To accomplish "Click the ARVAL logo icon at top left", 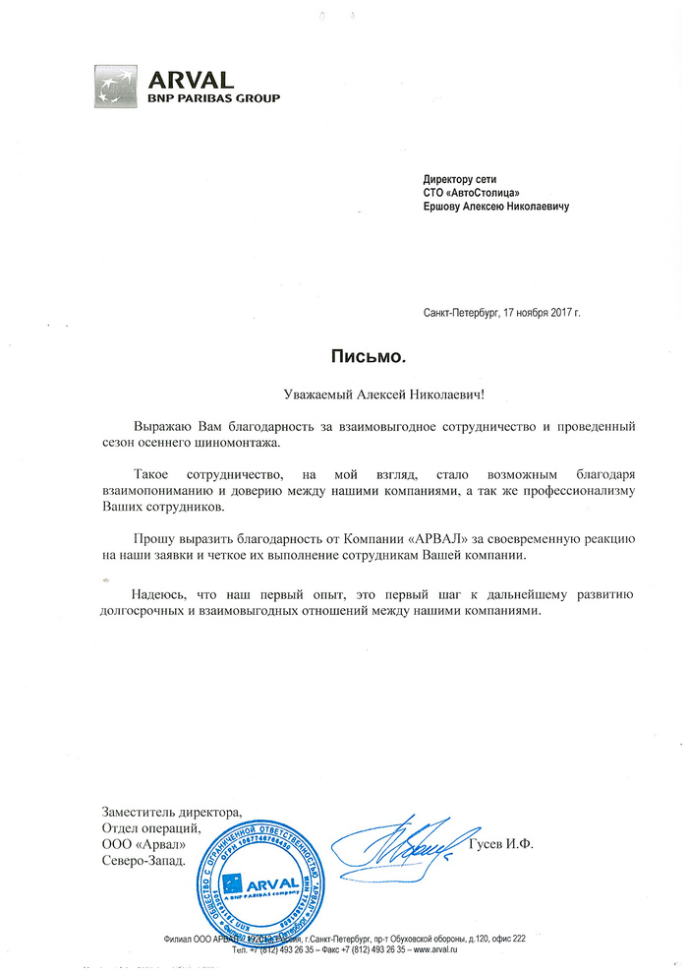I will (x=117, y=86).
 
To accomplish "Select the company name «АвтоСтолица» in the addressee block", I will (x=481, y=193).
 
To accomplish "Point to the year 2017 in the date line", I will (x=557, y=312).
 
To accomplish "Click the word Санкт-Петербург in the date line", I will (x=461, y=312).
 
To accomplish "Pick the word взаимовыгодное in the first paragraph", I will (x=401, y=428).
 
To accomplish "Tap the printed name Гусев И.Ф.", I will (x=501, y=846).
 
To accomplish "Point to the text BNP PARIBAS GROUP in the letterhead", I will (x=213, y=98).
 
